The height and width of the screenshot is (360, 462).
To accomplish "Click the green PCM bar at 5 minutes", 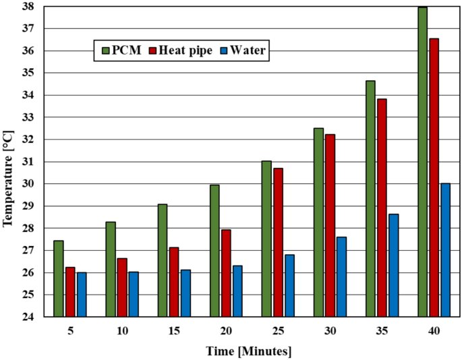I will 59,278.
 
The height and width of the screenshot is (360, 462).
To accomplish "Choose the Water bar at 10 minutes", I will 134,294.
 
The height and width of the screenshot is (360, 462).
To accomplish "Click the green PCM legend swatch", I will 105,51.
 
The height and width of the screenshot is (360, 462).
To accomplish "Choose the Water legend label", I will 250,51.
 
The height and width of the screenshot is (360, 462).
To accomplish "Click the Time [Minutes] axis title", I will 249,351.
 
